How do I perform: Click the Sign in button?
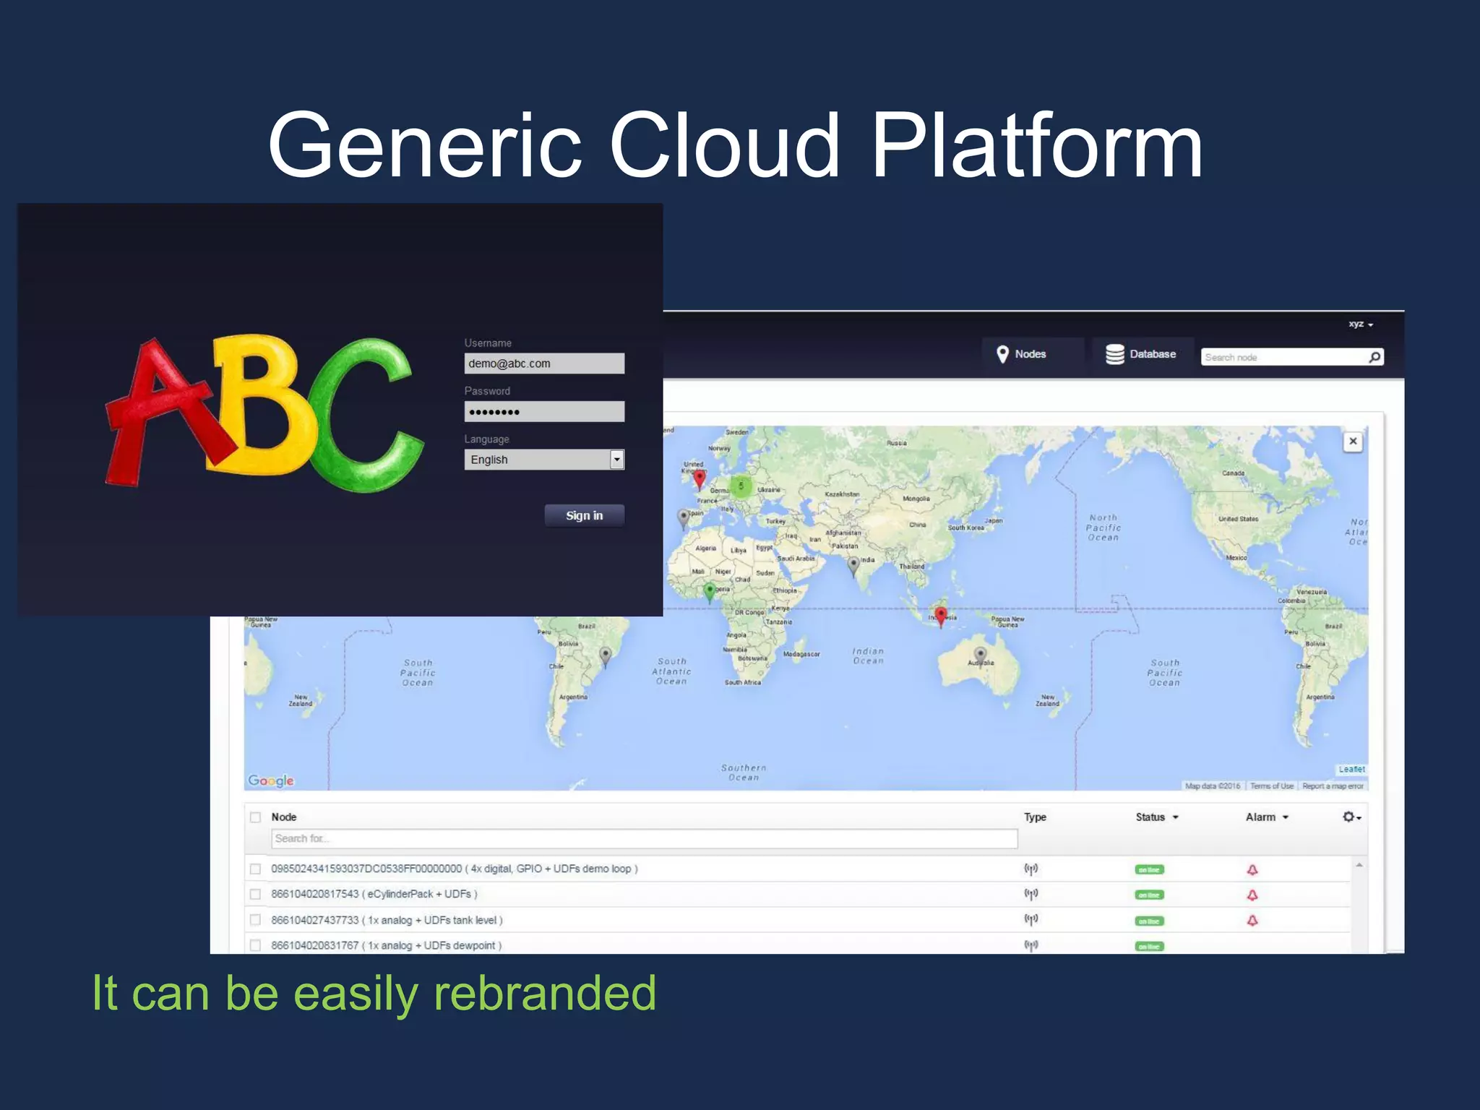(x=584, y=515)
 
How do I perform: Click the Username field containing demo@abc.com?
(x=543, y=363)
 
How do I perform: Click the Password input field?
(x=543, y=412)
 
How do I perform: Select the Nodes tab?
(x=1021, y=354)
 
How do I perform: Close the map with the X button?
(x=1353, y=442)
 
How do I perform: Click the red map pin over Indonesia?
(x=940, y=616)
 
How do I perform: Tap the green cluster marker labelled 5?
(x=741, y=486)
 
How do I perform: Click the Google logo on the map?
(x=271, y=780)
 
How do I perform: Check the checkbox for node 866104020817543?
(x=255, y=895)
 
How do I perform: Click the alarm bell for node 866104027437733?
(x=1252, y=921)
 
